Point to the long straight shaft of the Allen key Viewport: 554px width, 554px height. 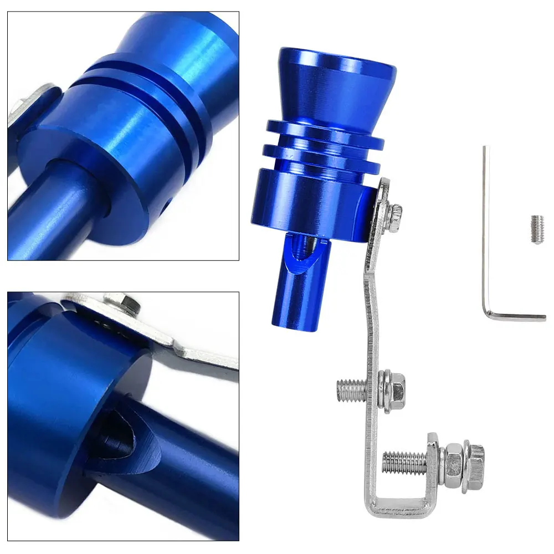click(486, 222)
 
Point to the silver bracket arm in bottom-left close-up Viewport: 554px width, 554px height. click(194, 349)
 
